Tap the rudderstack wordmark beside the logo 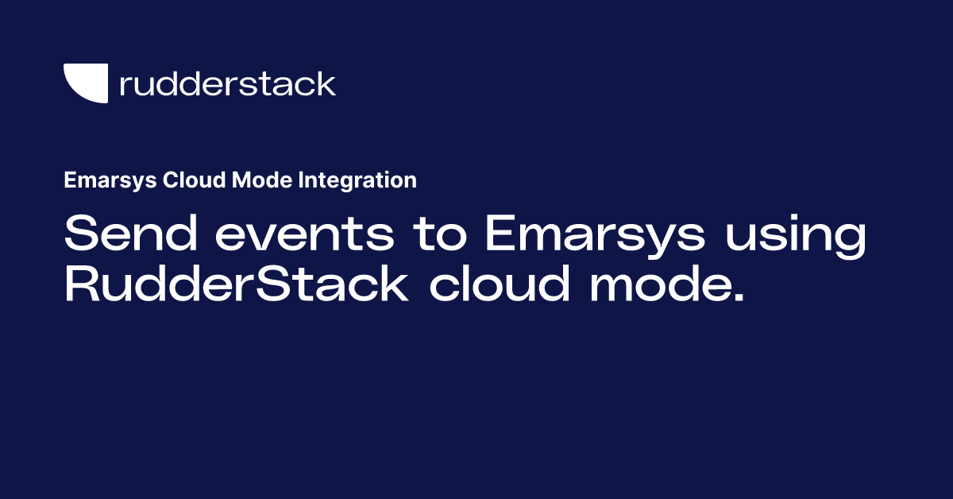227,83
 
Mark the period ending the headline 739,299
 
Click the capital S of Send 79,235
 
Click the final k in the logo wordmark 327,83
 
